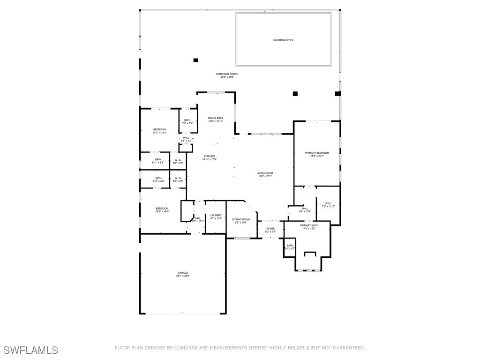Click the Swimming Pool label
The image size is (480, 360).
pos(284,40)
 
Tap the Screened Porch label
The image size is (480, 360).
pos(227,75)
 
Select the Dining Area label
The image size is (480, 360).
pos(216,120)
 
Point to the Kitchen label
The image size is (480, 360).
pos(209,157)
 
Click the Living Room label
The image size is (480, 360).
pos(264,174)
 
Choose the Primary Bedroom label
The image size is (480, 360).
pos(317,154)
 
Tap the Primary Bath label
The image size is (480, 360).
pos(309,227)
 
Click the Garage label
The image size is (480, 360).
pos(183,274)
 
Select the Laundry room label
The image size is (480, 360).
pos(216,217)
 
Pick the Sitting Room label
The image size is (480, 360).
pos(242,221)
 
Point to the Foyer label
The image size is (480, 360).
pos(270,230)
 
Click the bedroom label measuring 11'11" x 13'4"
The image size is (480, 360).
pos(159,131)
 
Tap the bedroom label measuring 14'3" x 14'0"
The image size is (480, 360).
pos(162,210)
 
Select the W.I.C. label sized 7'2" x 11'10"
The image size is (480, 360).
pos(328,205)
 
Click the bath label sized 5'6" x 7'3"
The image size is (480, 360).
pos(187,122)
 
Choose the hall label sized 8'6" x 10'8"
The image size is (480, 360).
pos(305,210)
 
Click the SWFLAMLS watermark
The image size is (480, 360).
pos(30,350)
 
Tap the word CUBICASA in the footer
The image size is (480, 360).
pos(187,348)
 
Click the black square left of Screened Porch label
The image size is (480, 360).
pos(196,60)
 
